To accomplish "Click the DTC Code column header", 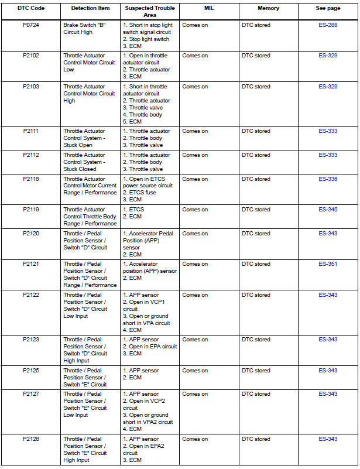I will click(31, 8).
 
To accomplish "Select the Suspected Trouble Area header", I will click(149, 11).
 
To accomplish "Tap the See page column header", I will click(328, 8).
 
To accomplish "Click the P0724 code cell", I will click(31, 25).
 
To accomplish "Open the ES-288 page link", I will click(328, 25).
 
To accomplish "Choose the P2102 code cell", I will click(31, 56).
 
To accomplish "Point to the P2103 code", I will click(31, 87).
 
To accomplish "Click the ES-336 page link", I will click(328, 179).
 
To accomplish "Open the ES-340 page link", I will click(328, 210).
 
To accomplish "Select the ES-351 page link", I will click(328, 264).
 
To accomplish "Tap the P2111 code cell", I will click(31, 131).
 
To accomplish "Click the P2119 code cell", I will click(31, 210).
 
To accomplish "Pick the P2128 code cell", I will click(31, 439).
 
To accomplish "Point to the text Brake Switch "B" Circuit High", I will click(85, 29).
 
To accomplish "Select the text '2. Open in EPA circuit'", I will click(149, 347).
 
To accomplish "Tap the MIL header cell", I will click(208, 8).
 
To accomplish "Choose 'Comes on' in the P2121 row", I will click(195, 264).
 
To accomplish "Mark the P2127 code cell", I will click(31, 394).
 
